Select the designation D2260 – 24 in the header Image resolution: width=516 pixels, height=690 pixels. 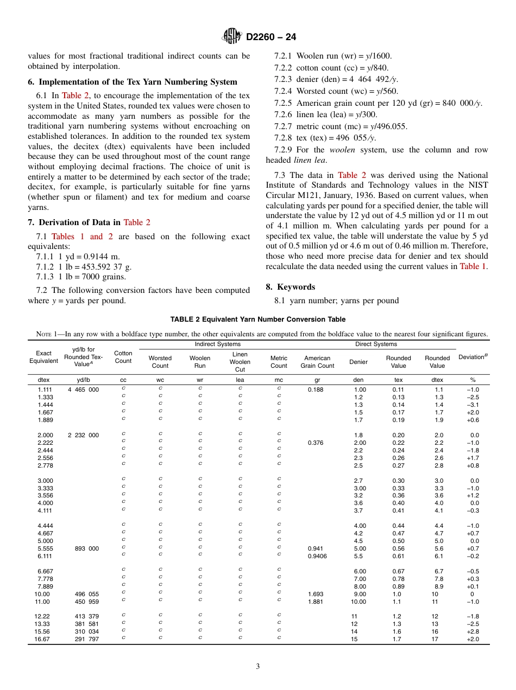tap(271, 37)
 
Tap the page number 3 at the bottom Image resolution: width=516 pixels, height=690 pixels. tap(258, 667)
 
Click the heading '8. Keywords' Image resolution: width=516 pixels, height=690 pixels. tap(290, 286)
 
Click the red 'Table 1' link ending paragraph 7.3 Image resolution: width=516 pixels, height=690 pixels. tap(473, 266)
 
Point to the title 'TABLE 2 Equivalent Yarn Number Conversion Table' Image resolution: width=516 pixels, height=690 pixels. tap(258, 319)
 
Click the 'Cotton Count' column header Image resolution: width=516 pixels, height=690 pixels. tap(123, 357)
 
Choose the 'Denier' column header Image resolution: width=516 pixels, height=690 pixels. tap(358, 362)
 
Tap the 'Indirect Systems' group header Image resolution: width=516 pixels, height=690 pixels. tap(217, 344)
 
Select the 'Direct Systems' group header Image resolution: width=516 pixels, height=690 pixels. tap(376, 344)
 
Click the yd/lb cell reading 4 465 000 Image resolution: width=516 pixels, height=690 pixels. tap(83, 390)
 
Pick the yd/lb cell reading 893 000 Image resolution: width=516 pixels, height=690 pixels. tap(87, 548)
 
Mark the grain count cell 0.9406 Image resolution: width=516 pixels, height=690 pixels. tap(317, 556)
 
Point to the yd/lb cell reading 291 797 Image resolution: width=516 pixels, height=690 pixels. tap(87, 639)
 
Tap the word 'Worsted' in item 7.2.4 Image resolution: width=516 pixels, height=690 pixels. tap(311, 91)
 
